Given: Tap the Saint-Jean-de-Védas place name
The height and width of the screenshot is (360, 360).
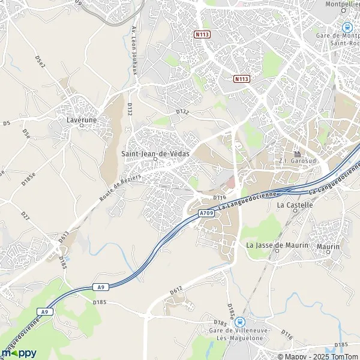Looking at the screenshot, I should pyautogui.click(x=155, y=153).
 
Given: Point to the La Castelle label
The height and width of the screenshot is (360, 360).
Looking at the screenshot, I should pyautogui.click(x=295, y=205).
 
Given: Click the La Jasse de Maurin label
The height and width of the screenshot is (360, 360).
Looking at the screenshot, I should pyautogui.click(x=277, y=245).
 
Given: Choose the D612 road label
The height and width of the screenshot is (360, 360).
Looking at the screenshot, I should pyautogui.click(x=176, y=291).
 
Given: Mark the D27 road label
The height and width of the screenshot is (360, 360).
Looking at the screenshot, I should pyautogui.click(x=25, y=216).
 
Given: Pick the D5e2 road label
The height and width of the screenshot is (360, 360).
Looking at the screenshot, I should pyautogui.click(x=40, y=62).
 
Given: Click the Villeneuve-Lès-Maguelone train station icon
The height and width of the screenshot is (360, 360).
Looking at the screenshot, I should pyautogui.click(x=239, y=322).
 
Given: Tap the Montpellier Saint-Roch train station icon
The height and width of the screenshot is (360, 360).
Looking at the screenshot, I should pyautogui.click(x=346, y=27).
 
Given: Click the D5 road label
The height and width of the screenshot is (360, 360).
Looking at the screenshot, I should pyautogui.click(x=7, y=123).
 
